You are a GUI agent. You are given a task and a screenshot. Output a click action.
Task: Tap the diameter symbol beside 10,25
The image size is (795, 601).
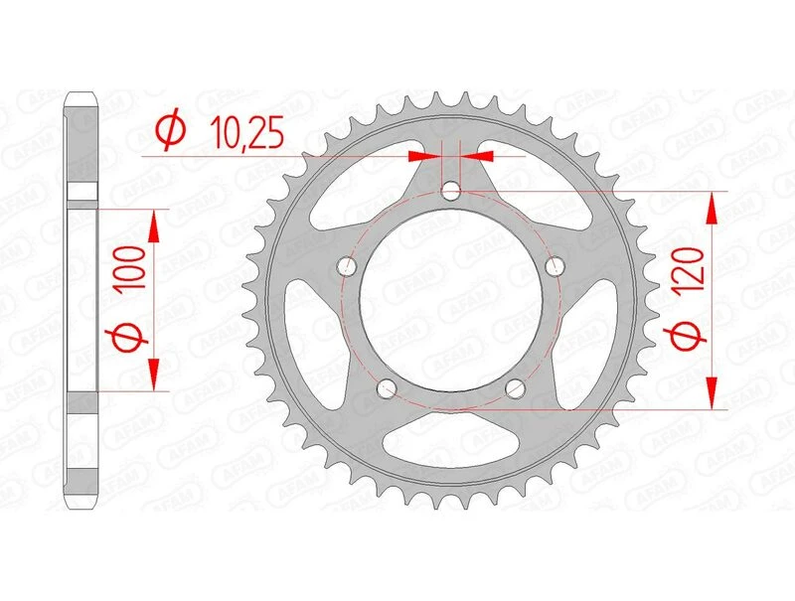[x=170, y=130]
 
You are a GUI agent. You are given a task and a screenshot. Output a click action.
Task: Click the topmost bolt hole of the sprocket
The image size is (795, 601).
[x=452, y=191]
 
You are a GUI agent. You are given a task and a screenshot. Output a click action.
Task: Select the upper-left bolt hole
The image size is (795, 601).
[x=348, y=266]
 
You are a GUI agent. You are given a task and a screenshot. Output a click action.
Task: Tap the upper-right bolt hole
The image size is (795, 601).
[x=556, y=265]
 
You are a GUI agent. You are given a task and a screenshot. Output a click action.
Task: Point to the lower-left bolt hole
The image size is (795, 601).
[x=388, y=388]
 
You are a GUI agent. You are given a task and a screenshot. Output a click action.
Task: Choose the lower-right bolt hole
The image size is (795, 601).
[x=516, y=388]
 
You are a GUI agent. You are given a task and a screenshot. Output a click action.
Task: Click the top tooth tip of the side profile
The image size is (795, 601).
[x=83, y=97]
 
